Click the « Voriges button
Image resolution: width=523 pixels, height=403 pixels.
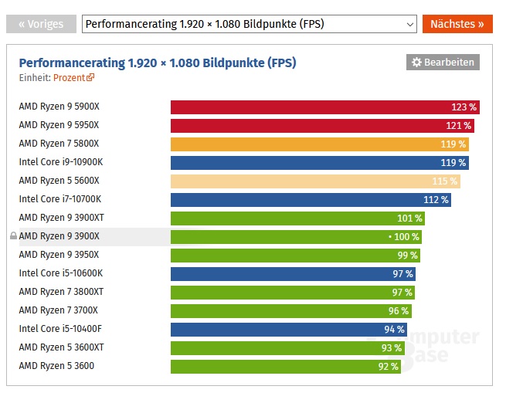(x=41, y=24)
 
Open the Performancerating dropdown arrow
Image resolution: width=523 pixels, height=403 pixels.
(x=409, y=24)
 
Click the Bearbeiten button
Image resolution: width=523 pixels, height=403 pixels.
(x=443, y=62)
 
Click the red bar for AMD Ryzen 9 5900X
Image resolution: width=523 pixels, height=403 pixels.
(x=309, y=107)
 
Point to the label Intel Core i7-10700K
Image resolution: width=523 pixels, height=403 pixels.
(x=59, y=199)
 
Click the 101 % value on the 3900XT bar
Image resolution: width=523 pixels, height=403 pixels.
(x=409, y=218)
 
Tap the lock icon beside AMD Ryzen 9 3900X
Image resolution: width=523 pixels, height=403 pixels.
(x=13, y=236)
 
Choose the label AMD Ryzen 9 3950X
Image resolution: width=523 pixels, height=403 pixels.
(x=59, y=255)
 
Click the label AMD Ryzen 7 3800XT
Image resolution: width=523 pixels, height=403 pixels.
(x=61, y=292)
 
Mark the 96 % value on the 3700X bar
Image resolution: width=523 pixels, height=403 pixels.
(x=399, y=310)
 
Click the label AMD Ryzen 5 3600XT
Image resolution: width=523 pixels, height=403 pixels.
(x=61, y=347)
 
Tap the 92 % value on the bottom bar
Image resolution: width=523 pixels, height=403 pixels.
(x=388, y=367)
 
